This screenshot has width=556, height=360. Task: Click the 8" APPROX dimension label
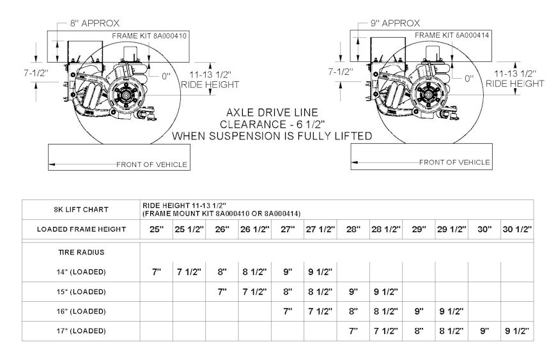tap(95, 24)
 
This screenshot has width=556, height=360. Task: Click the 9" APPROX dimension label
tap(395, 24)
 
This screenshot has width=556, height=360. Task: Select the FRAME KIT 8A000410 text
tap(149, 36)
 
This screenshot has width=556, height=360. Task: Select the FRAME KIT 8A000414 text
tap(452, 35)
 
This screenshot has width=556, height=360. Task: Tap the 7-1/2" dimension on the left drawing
tap(36, 73)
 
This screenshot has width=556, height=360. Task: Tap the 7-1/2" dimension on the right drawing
tap(341, 72)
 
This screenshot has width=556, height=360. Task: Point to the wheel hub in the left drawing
tap(125, 95)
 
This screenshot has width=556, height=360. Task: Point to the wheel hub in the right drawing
tap(430, 94)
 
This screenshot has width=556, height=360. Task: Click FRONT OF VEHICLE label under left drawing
tap(151, 164)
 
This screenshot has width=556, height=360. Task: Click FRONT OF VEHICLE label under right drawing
tap(454, 162)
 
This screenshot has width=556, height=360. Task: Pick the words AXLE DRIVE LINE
tap(272, 113)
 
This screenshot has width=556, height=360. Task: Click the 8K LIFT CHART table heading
tap(81, 210)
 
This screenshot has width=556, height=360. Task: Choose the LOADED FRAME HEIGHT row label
tap(81, 230)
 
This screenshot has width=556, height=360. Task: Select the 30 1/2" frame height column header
tap(517, 230)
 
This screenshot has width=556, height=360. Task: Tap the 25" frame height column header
tap(157, 230)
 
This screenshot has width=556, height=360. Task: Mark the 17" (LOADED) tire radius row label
tap(81, 331)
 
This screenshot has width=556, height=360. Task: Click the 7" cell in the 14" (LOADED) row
tap(157, 272)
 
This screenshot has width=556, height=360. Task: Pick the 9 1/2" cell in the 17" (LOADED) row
tap(517, 331)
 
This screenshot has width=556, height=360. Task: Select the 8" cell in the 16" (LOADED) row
tap(353, 311)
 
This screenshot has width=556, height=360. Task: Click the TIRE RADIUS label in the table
tap(81, 253)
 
